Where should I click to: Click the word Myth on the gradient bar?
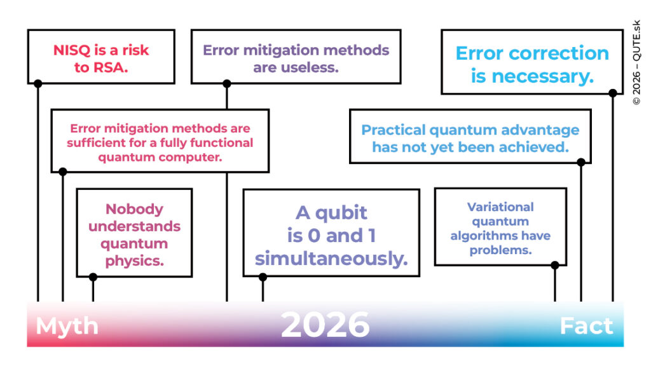tap(67, 326)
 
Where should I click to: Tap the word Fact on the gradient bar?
tap(586, 326)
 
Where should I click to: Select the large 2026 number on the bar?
tap(325, 325)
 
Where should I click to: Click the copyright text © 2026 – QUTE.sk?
tap(636, 63)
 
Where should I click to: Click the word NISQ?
tap(72, 50)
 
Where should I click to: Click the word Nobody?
tap(134, 208)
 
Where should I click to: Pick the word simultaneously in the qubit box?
tap(331, 259)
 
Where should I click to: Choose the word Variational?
tap(500, 207)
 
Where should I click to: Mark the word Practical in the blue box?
tap(393, 130)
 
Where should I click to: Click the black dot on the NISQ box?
tap(38, 83)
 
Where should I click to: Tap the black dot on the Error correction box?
tap(613, 93)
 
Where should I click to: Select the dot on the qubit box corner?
tap(263, 277)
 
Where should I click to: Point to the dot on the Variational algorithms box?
tap(554, 265)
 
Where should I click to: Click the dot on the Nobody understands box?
tap(93, 277)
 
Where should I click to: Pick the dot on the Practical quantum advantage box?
tap(581, 162)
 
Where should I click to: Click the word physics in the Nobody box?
tap(134, 261)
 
